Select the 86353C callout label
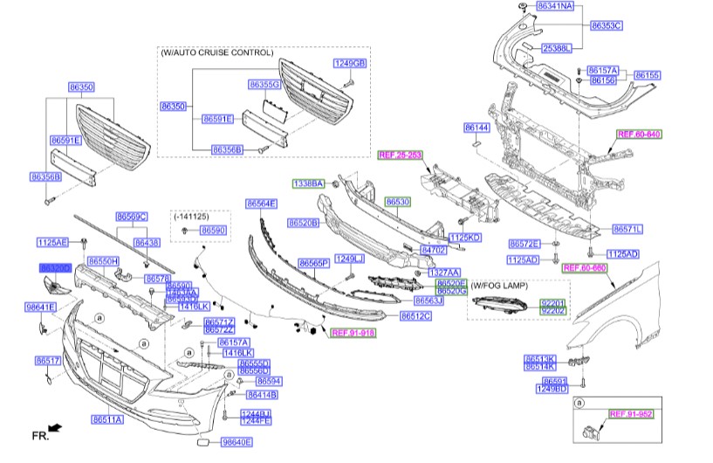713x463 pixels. coord(606,25)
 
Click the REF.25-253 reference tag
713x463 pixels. coord(400,155)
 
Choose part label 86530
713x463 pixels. coord(398,201)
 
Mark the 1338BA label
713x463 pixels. coord(308,183)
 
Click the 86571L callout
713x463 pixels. coord(627,229)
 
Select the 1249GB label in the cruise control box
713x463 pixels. coord(351,64)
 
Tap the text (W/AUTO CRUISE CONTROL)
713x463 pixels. coord(216,52)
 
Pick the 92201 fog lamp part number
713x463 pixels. coord(553,302)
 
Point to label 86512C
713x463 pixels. coord(416,315)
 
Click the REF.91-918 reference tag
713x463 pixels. coord(352,332)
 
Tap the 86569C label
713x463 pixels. coord(132,216)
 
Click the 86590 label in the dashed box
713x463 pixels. coord(213,230)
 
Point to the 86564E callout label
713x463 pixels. coord(261,204)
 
